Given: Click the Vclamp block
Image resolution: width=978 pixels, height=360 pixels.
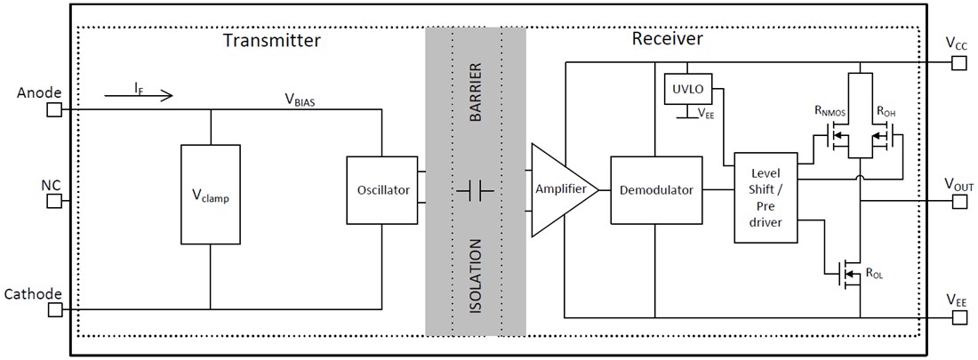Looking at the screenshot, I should tap(210, 194).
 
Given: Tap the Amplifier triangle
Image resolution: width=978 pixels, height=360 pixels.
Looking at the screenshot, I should tap(560, 190).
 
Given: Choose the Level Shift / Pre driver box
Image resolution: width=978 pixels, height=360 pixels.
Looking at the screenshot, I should tap(765, 196).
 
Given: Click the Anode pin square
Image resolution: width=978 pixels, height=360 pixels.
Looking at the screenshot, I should tap(53, 109).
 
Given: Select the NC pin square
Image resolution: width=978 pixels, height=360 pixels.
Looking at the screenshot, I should tap(53, 201).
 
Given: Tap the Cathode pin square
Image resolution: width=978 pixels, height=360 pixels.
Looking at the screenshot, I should tap(53, 310).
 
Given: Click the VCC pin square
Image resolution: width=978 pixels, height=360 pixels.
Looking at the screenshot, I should tap(958, 62).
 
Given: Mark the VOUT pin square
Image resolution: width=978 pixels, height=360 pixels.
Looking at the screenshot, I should tap(958, 201).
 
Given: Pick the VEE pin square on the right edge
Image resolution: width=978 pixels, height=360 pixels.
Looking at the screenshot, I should tap(958, 317).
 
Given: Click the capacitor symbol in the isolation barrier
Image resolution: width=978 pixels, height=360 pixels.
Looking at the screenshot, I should tap(476, 190).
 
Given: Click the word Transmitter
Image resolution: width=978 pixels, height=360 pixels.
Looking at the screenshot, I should tap(271, 41).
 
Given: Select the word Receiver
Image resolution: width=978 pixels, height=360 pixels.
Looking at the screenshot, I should tap(667, 39).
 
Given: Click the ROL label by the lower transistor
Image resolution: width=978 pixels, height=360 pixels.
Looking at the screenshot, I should tap(874, 275).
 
